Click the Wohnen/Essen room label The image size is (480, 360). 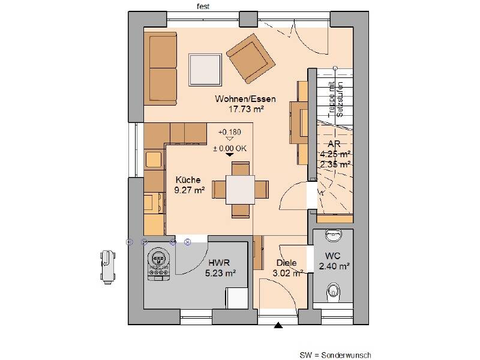pos(245,99)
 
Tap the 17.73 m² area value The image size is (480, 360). pos(247,109)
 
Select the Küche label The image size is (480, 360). pos(188,179)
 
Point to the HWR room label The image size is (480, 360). pos(219,263)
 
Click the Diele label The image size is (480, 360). pos(287,263)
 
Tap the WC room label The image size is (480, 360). pos(333,256)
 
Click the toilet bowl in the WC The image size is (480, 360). pos(334,291)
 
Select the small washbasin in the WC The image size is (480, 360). pos(334,235)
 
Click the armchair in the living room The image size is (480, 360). pos(251,58)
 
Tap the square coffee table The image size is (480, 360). pos(205,70)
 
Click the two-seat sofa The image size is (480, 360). pos(160,68)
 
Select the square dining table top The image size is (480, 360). pos(241,190)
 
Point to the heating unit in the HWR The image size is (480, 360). pos(158,263)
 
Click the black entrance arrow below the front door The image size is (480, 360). pos(278,325)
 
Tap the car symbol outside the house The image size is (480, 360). pos(108,267)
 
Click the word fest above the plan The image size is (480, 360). pos(203,7)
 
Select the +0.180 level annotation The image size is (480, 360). pos(230,132)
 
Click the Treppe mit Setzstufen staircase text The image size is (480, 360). pos(335,99)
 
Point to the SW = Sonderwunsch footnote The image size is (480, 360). pos(335,355)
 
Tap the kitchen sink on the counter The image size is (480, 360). pos(154,160)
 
